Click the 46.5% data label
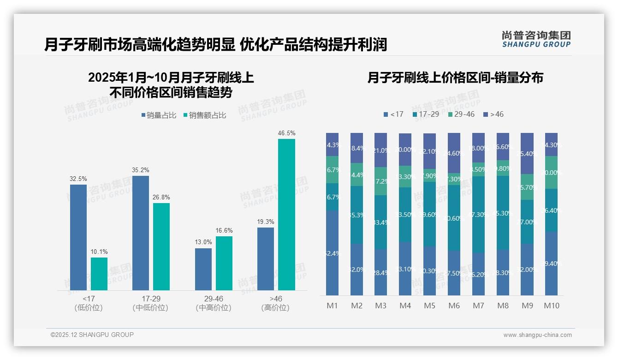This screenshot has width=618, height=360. (x=286, y=133)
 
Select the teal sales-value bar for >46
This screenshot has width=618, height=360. (x=286, y=215)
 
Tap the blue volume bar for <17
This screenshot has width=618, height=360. (x=78, y=237)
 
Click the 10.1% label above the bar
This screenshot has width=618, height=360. (x=99, y=252)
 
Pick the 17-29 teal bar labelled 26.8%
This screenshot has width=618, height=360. (x=161, y=246)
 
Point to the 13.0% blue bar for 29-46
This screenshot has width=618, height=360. (x=203, y=269)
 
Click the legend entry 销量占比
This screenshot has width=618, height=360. (x=158, y=115)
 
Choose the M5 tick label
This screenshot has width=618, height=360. (x=429, y=306)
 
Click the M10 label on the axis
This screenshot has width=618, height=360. (x=552, y=306)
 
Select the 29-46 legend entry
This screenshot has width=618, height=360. (x=461, y=114)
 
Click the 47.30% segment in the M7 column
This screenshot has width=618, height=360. (x=478, y=214)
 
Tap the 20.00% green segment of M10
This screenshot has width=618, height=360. (x=552, y=172)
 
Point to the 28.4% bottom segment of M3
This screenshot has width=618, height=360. (x=380, y=272)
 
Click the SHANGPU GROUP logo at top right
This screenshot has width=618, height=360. (x=536, y=39)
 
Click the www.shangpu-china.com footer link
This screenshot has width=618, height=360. (x=537, y=335)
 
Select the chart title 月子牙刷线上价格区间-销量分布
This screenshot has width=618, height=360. (x=455, y=78)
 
